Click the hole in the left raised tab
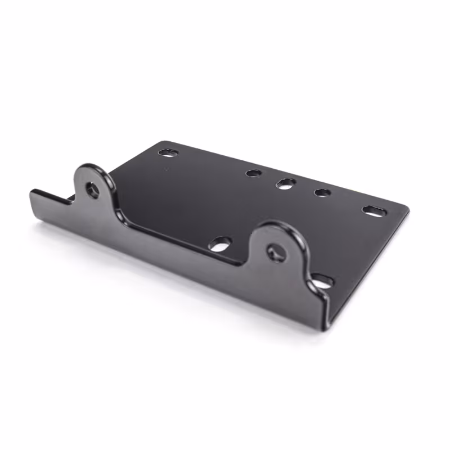tap(92, 190)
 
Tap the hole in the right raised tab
tap(276, 253)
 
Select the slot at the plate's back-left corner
tap(168, 152)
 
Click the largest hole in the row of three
tap(286, 183)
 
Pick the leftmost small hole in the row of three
tap(254, 173)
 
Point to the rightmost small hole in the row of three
tap(322, 192)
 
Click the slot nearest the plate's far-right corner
tap(374, 211)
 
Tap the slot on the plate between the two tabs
tap(220, 244)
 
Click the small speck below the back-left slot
tap(165, 168)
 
